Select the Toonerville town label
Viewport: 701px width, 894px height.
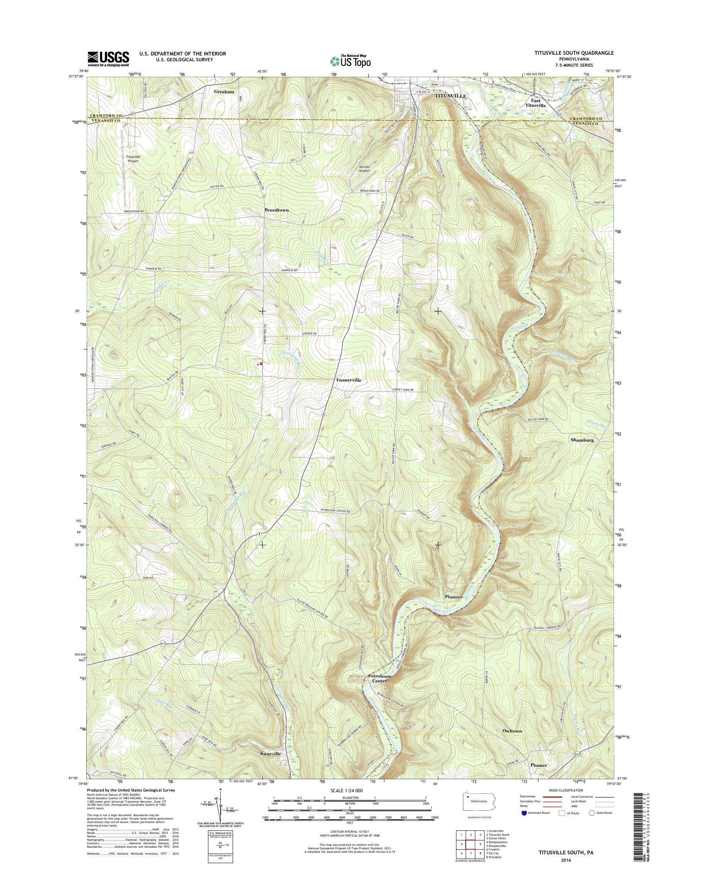(x=349, y=380)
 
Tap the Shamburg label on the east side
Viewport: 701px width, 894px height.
(x=582, y=440)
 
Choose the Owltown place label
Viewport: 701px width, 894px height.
(x=512, y=731)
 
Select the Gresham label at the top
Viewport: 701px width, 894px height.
(x=224, y=92)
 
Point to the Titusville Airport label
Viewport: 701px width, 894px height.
(x=133, y=159)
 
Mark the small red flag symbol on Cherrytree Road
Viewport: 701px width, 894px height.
(x=261, y=363)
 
